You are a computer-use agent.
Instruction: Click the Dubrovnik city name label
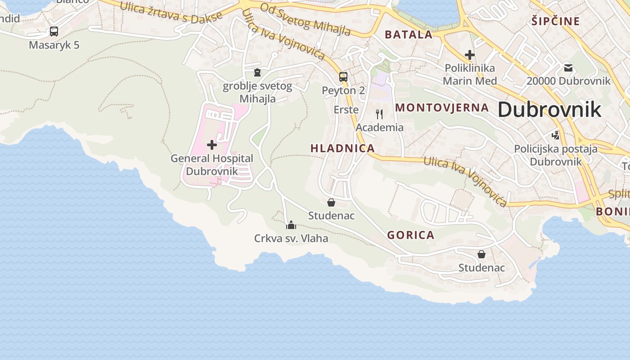tap(549, 110)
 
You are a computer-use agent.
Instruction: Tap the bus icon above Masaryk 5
tap(54, 31)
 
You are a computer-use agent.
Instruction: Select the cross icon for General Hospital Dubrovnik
tap(211, 145)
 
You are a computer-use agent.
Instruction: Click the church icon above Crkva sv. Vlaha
tap(291, 225)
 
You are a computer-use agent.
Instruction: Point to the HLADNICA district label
tap(342, 148)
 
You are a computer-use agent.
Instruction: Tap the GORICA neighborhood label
tap(410, 235)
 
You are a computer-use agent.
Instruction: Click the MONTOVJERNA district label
tap(441, 108)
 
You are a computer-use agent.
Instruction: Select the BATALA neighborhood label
tap(408, 35)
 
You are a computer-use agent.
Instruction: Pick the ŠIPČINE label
tap(555, 21)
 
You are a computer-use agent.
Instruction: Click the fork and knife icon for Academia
tap(379, 114)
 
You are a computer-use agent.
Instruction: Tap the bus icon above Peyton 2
tap(343, 77)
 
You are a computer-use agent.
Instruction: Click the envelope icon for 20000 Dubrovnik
tap(568, 68)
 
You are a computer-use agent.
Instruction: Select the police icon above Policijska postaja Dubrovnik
tap(556, 135)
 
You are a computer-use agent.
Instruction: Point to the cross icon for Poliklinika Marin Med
tap(470, 55)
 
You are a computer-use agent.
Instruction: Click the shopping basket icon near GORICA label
tap(481, 254)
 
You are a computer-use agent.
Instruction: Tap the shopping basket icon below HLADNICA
tap(331, 202)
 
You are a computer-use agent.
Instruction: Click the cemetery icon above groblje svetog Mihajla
tap(257, 72)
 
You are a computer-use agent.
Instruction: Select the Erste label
tap(346, 110)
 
